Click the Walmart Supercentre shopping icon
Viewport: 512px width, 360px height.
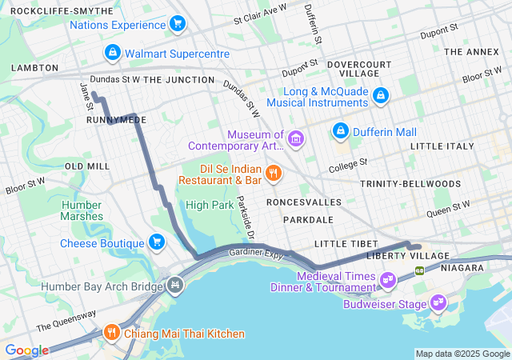[113, 53]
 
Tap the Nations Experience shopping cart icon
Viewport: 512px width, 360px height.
[178, 24]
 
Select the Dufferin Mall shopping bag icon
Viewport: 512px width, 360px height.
[340, 130]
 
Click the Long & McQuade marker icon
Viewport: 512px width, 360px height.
[381, 96]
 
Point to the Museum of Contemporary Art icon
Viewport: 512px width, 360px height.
[297, 140]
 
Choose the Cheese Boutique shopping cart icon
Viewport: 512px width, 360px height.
[157, 242]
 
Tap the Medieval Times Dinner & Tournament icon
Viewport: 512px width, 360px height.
[388, 280]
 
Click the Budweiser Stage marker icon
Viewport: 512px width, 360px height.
[437, 303]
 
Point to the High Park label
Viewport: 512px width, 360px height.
[209, 205]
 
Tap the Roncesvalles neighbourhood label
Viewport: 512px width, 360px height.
[304, 202]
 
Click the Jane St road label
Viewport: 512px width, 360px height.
[84, 93]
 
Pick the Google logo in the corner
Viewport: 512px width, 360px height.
[26, 350]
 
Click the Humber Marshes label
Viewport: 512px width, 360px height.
[82, 210]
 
